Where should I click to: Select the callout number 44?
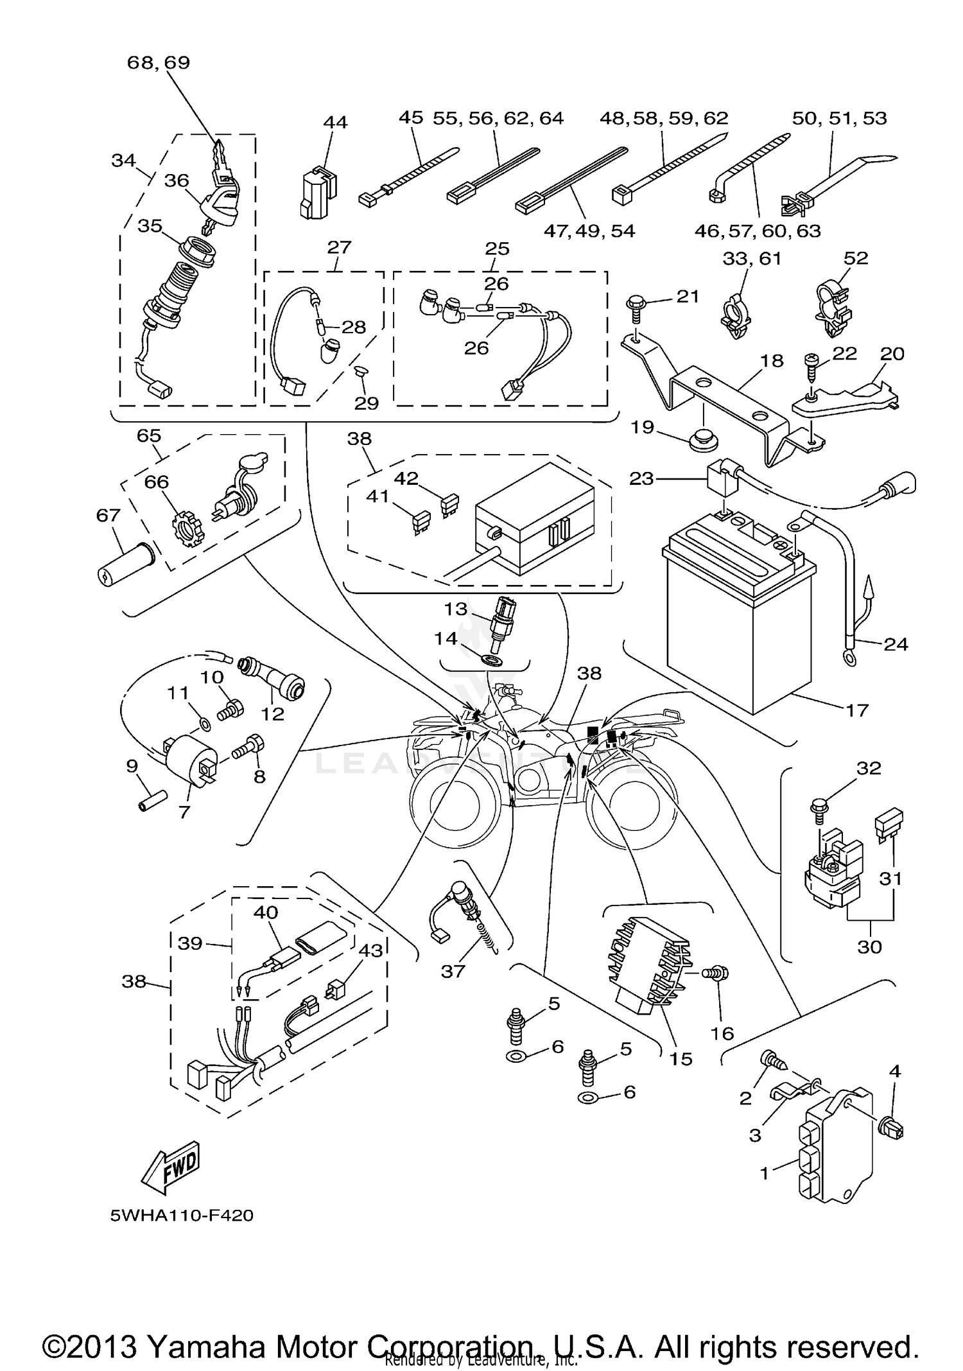334,122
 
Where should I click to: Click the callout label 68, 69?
159,62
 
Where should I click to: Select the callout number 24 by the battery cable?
896,643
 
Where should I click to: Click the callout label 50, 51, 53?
839,118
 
